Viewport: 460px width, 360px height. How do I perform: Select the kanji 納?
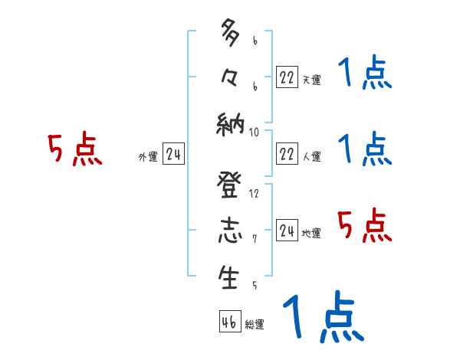[x=230, y=123]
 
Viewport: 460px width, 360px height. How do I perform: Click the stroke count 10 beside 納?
[x=255, y=132]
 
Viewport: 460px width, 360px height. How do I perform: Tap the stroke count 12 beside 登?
[x=255, y=193]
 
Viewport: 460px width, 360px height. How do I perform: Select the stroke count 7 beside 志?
[x=255, y=239]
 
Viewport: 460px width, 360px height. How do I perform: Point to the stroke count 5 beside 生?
[x=255, y=285]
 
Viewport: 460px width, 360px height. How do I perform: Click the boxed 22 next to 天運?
[x=287, y=77]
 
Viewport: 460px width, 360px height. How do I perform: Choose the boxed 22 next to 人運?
[x=287, y=153]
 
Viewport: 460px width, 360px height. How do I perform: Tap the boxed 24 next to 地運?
[x=287, y=230]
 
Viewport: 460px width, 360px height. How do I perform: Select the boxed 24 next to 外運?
[x=173, y=155]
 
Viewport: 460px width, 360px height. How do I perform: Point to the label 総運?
[x=255, y=325]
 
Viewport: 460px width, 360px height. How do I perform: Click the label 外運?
[x=147, y=157]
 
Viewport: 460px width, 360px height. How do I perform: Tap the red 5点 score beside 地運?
[x=363, y=226]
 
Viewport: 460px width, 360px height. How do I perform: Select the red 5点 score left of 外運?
[x=74, y=149]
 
